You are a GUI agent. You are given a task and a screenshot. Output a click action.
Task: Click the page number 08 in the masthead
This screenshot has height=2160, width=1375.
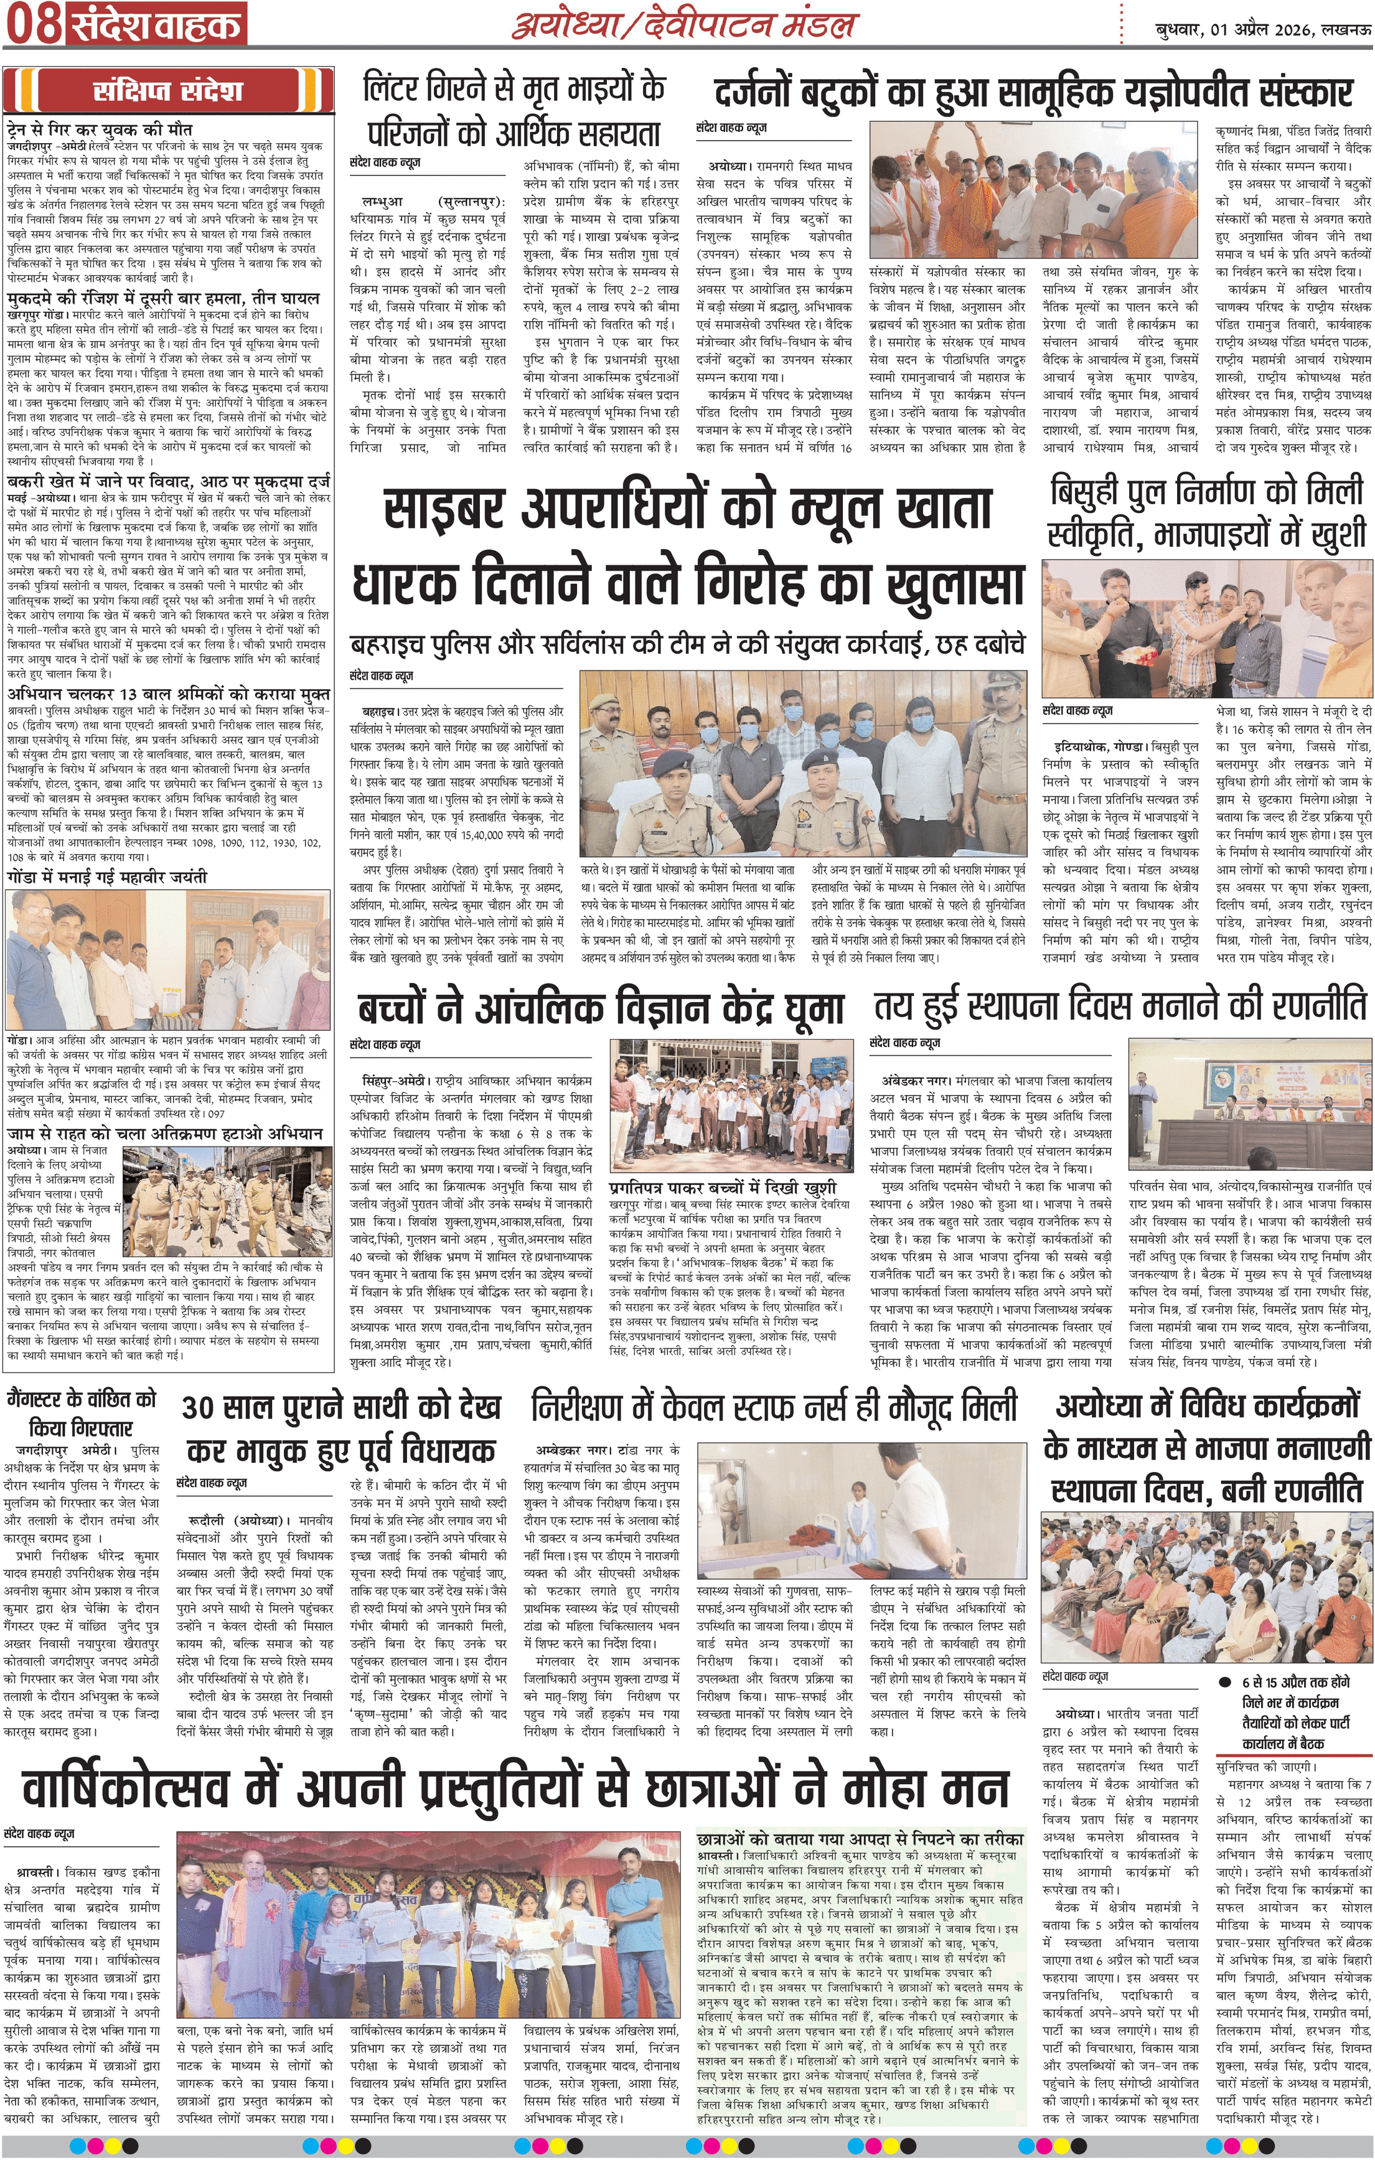(32, 25)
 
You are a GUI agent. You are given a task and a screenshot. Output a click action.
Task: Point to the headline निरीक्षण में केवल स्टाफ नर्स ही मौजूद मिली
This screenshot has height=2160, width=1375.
(775, 1407)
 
